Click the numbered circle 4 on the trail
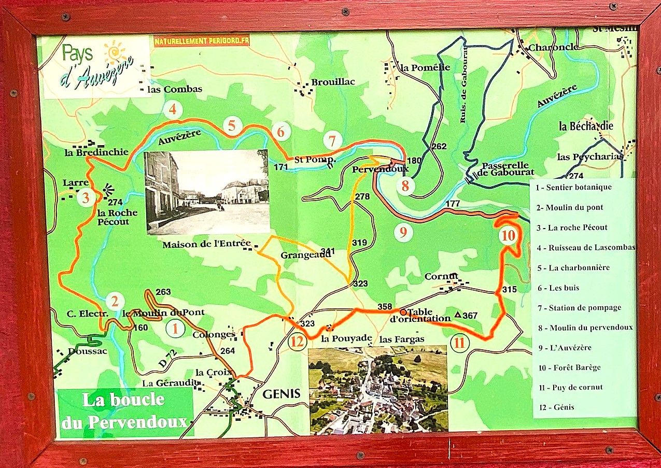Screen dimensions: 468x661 click(x=173, y=110)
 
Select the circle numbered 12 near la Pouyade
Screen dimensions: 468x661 click(x=297, y=342)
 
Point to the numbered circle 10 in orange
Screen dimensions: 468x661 click(x=509, y=236)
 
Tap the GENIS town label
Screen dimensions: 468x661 click(x=282, y=393)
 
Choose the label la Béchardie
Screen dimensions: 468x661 click(x=586, y=126)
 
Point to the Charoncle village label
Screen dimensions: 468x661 click(x=553, y=47)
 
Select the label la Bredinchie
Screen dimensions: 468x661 click(x=89, y=152)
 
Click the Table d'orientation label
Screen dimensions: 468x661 click(x=420, y=316)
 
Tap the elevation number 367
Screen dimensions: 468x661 click(x=470, y=315)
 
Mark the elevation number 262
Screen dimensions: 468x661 click(x=439, y=147)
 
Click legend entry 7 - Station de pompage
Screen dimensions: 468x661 click(x=579, y=307)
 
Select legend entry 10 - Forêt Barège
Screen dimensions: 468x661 click(x=569, y=367)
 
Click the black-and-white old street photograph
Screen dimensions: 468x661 click(x=207, y=192)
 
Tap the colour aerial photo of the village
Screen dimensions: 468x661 click(x=377, y=389)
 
